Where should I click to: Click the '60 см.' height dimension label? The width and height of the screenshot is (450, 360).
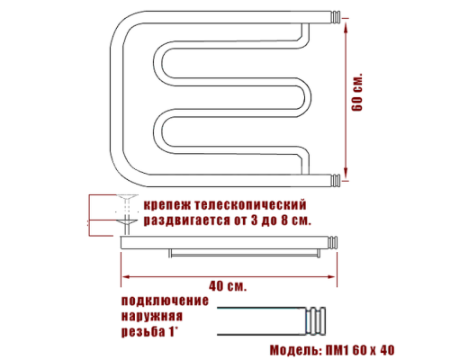click(356, 91)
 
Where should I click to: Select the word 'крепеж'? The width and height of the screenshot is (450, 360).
click(167, 206)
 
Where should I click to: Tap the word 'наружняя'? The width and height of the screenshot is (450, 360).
click(153, 318)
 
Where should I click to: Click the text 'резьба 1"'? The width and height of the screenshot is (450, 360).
click(151, 334)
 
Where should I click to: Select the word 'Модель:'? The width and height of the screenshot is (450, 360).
click(298, 348)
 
